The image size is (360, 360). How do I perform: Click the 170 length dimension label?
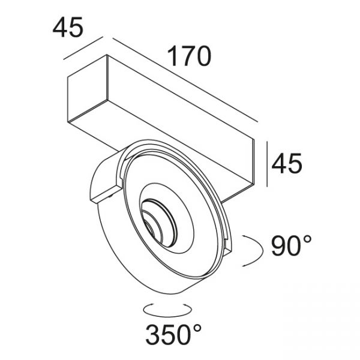coord(189,56)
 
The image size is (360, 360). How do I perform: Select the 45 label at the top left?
coord(68,28)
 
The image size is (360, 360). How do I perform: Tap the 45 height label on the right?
coord(287,163)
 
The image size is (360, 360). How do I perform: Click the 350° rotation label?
coord(173,335)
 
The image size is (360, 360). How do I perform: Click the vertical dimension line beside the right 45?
coord(267,164)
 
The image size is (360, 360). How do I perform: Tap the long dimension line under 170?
coord(185,80)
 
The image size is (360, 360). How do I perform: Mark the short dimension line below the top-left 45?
coord(83,48)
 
